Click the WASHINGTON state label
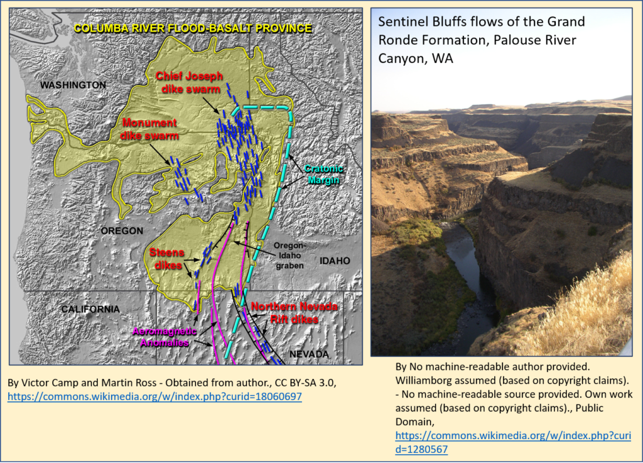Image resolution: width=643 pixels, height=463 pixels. tap(73, 85)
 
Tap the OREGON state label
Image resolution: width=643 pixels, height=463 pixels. tap(122, 231)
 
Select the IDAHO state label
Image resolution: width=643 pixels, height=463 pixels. tap(335, 261)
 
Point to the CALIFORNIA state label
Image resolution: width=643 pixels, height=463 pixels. tap(90, 309)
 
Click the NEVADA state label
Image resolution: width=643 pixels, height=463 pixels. tap(309, 354)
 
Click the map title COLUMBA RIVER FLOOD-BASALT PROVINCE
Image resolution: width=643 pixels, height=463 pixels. tap(193, 28)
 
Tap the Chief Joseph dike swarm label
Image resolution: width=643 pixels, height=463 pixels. tap(190, 82)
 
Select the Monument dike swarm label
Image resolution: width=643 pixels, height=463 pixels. tap(149, 129)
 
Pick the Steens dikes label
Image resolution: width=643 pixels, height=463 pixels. tap(167, 259)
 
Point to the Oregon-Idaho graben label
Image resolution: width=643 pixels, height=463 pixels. tap(290, 256)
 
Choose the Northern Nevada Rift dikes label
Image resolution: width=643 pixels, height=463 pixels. tap(294, 312)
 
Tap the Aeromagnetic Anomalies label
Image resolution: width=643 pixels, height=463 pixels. tap(165, 337)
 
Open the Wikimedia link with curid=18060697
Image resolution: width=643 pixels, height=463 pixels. tap(154, 396)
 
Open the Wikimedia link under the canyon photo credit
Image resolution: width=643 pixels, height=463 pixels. tap(513, 442)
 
